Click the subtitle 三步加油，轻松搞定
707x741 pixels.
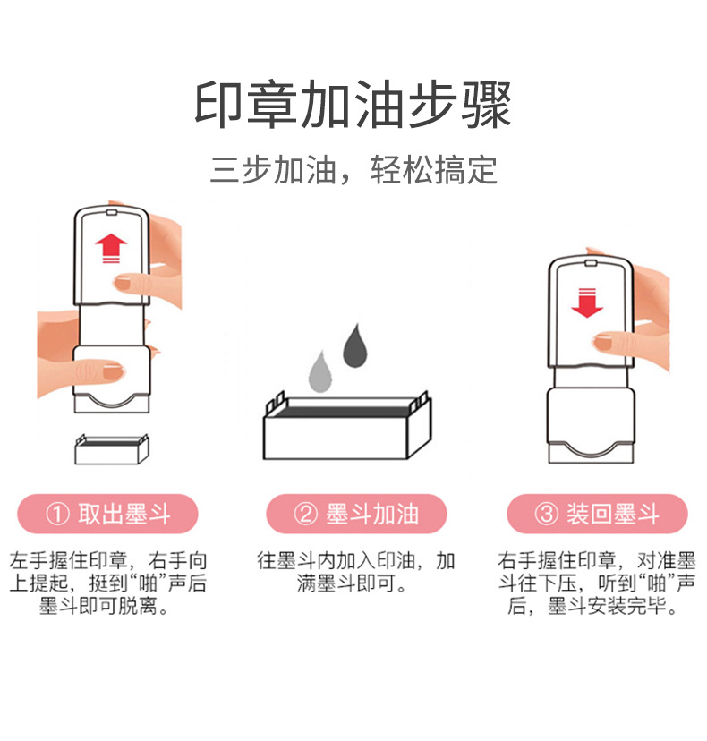tap(353, 170)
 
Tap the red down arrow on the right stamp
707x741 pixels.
tap(587, 302)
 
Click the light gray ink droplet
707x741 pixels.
tap(320, 372)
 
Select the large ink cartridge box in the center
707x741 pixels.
tap(346, 430)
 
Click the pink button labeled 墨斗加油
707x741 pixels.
tap(355, 515)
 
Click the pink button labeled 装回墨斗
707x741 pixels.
tap(597, 515)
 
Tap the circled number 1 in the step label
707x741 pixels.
tap(57, 515)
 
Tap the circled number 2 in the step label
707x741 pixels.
tap(305, 515)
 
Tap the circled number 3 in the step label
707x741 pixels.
tap(545, 515)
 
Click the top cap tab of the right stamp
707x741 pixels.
tap(590, 263)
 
